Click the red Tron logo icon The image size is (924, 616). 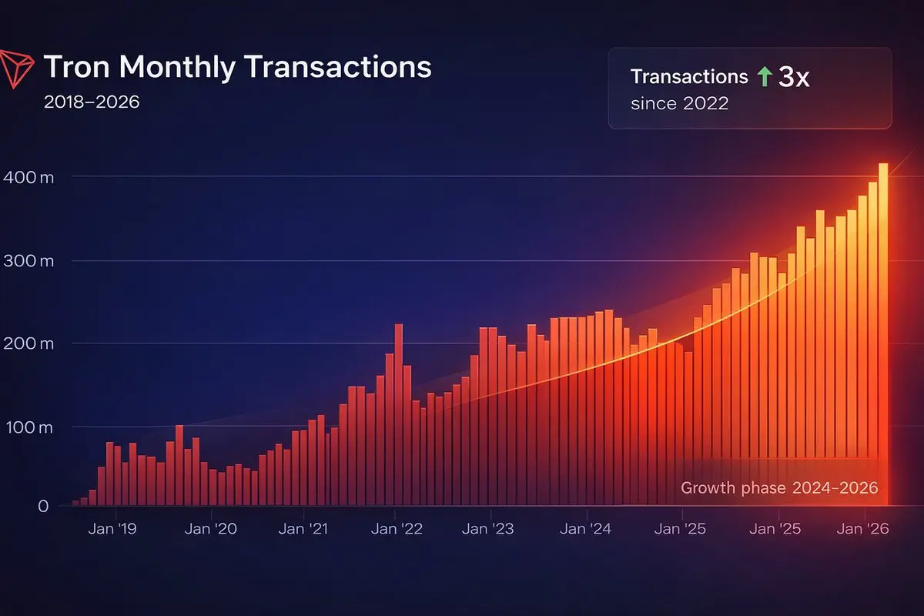[x=17, y=67]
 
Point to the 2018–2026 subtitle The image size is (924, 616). [x=92, y=102]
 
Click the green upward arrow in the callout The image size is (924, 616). [x=763, y=76]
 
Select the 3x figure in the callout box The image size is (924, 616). [x=794, y=77]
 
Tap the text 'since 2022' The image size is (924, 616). [x=679, y=103]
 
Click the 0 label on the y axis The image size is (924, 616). [x=42, y=506]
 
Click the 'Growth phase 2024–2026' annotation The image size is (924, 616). [x=779, y=488]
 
